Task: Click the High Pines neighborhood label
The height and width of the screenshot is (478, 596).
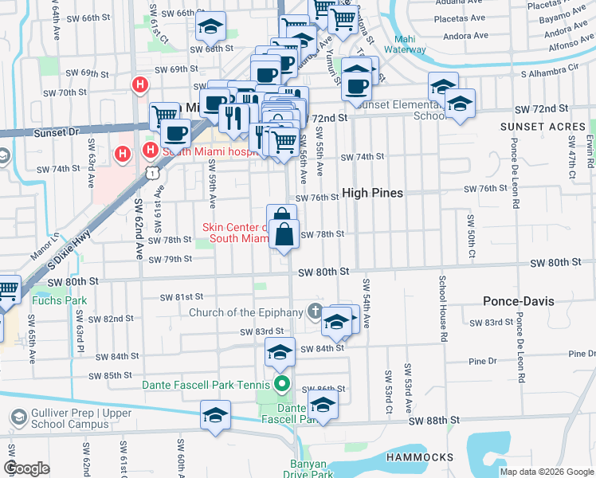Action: pos(373,193)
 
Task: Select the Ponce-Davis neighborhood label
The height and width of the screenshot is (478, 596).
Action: pos(519,301)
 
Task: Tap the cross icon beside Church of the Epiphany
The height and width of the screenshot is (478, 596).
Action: pos(316,311)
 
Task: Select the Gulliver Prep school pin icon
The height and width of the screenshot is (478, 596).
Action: pos(18,417)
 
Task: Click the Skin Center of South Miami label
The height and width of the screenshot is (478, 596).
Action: pos(236,233)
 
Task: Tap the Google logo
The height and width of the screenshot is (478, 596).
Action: pos(27,469)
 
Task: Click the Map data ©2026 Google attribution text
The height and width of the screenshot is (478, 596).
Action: pos(547,472)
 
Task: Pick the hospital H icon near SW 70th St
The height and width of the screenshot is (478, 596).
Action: pos(140,84)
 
